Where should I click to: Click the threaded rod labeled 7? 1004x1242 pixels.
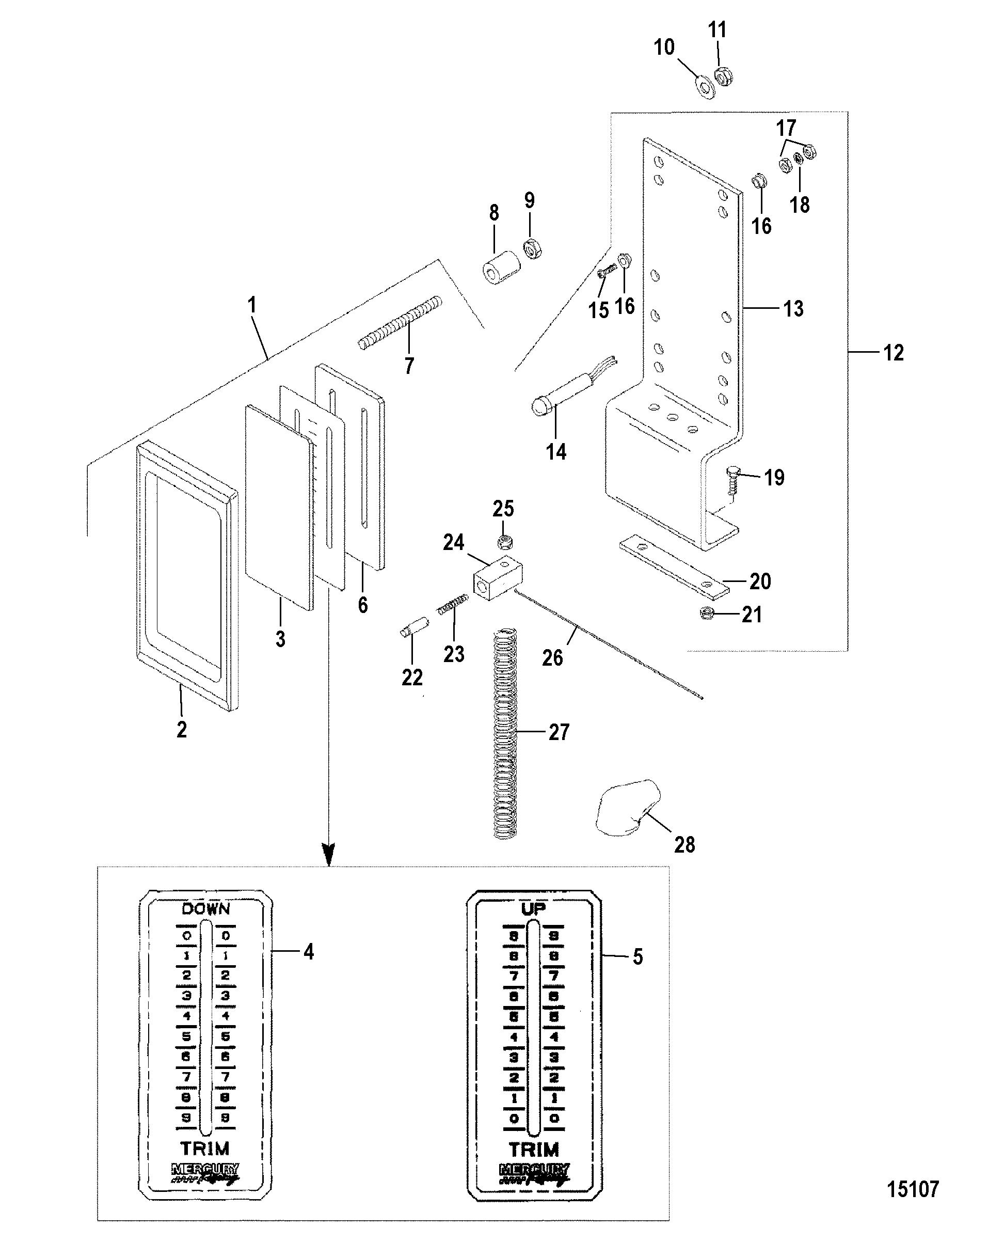click(x=400, y=323)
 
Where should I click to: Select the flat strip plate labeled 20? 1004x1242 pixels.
click(x=674, y=567)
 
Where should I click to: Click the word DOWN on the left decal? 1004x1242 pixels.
click(x=206, y=909)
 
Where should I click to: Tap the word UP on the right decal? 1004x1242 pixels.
click(x=533, y=909)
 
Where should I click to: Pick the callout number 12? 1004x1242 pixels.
click(x=893, y=352)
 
